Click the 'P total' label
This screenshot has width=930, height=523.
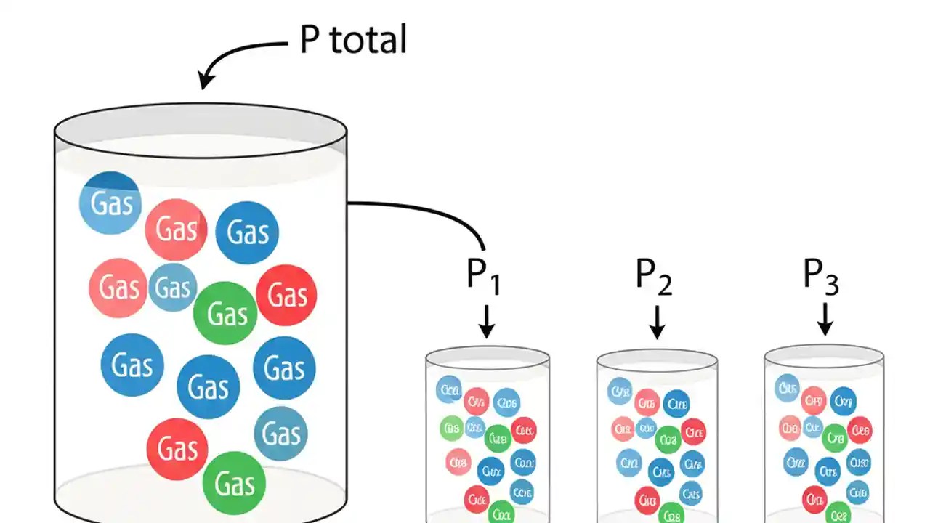click(353, 40)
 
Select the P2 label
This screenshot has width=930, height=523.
click(654, 275)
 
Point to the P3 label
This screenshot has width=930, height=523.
click(821, 275)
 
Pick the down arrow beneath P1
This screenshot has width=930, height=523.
click(486, 321)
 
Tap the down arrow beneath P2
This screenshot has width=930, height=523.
click(657, 321)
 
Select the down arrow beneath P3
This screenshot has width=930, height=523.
click(824, 321)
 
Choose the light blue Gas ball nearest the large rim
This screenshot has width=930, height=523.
click(110, 203)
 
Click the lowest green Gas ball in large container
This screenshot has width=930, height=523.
click(234, 482)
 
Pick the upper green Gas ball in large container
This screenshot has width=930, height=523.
click(225, 313)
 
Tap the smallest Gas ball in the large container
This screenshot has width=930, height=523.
click(173, 288)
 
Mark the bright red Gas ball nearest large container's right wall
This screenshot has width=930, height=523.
click(286, 295)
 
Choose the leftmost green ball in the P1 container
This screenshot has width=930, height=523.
click(451, 428)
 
